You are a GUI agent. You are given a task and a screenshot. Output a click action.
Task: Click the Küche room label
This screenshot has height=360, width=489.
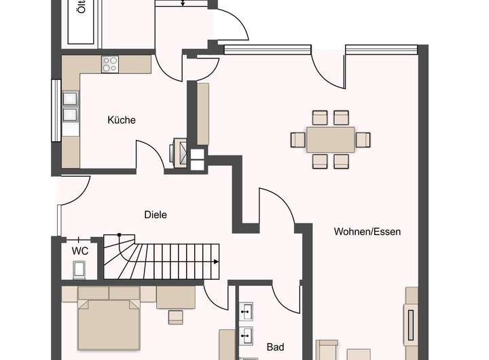[122, 120]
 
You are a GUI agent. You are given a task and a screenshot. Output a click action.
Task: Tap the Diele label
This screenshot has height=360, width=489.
[156, 215]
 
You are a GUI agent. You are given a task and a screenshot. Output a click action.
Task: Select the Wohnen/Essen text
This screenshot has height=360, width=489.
[367, 232]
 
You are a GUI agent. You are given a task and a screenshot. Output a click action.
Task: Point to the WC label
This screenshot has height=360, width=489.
[80, 250]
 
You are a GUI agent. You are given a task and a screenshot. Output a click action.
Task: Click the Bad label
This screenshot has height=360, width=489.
[275, 347]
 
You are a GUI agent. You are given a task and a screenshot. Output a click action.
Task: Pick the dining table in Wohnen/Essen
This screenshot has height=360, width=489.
[330, 139]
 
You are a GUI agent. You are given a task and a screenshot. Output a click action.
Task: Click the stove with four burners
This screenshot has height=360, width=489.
[110, 64]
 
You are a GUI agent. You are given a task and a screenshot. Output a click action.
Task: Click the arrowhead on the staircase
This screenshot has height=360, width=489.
[216, 262]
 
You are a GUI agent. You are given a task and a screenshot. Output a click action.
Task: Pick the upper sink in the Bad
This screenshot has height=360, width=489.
[246, 312]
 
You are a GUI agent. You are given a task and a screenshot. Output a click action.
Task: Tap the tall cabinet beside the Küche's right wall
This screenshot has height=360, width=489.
[202, 113]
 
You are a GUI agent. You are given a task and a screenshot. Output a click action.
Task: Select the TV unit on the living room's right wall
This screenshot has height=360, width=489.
[411, 323]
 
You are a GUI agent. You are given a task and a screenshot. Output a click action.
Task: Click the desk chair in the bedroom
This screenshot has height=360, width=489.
[176, 316]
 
